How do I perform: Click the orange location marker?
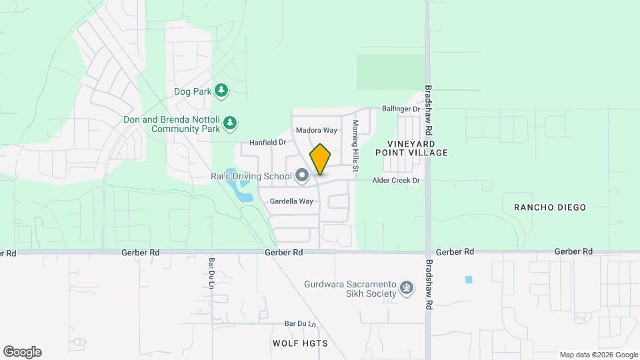(320, 159)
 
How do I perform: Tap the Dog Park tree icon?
(221, 91)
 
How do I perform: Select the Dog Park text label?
(192, 91)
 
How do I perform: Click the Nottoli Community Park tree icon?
(230, 123)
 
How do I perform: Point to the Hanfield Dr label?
(267, 142)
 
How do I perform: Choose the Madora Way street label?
(317, 130)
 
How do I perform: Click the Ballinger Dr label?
(401, 109)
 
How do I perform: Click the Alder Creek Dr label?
(396, 181)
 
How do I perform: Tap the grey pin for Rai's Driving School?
(301, 176)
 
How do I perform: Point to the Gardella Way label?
(291, 201)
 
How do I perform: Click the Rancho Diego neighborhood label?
(550, 207)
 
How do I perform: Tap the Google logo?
(22, 352)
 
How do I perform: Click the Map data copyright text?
(599, 355)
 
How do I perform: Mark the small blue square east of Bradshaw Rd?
(469, 279)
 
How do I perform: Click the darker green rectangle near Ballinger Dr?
(390, 72)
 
